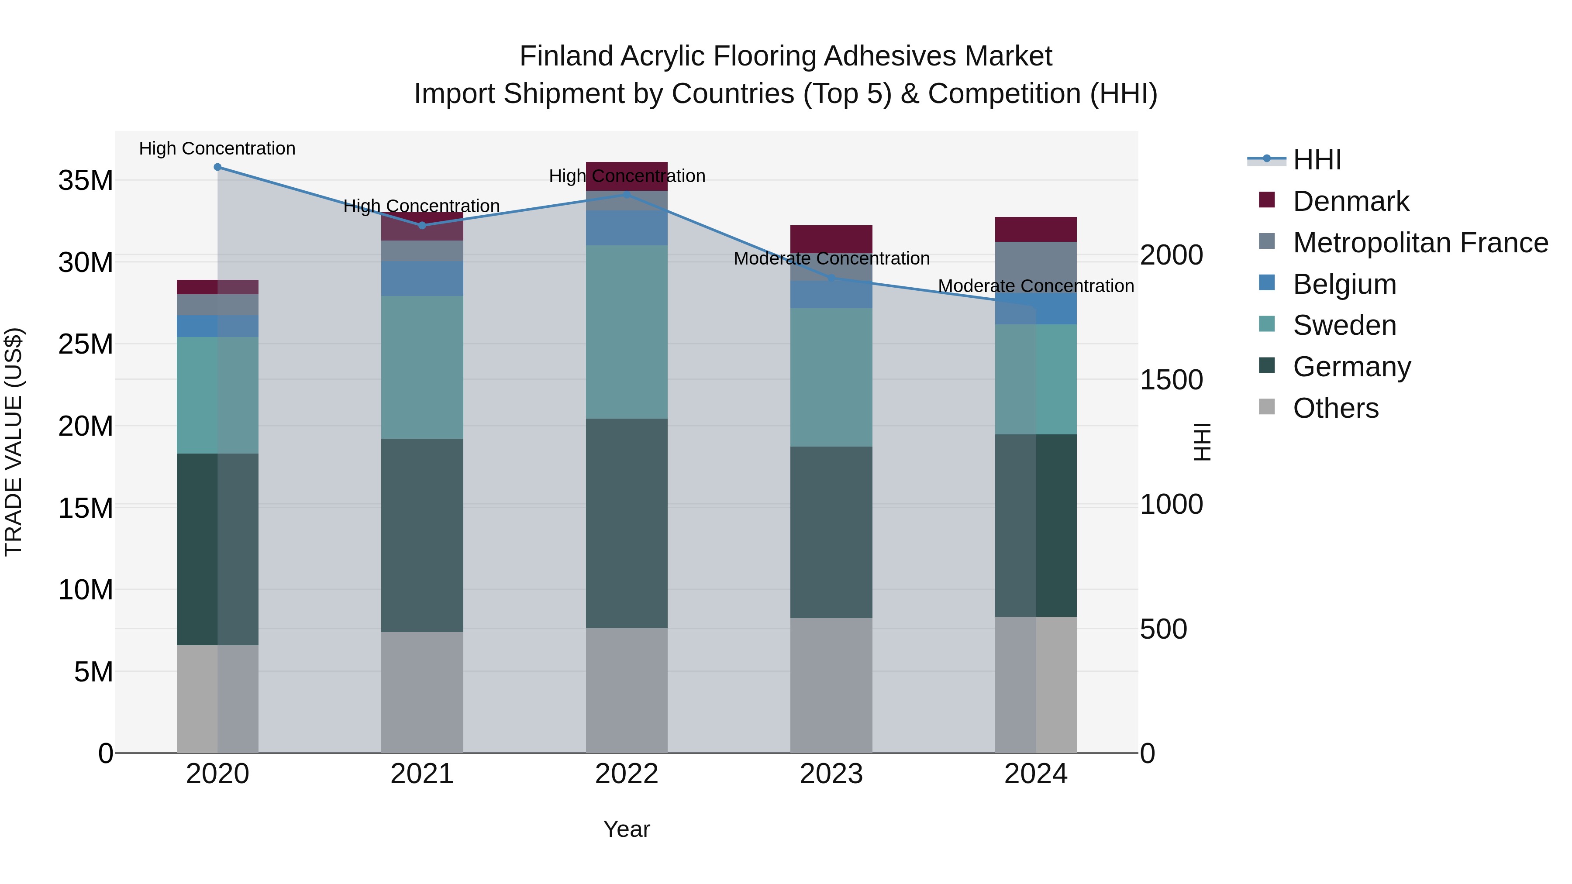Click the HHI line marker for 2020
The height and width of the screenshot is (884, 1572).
pos(217,167)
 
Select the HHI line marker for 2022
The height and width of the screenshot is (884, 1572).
pos(627,195)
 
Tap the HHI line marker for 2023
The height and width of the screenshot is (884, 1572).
pos(831,278)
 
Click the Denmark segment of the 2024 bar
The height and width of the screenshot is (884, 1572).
pos(1036,229)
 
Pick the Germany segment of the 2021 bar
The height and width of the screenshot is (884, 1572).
pos(422,535)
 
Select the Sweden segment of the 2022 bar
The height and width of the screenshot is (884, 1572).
pos(627,332)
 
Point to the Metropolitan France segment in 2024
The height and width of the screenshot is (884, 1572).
pos(1036,267)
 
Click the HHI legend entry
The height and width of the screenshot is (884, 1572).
pos(1317,160)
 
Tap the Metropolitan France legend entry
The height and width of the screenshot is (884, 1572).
pos(1420,243)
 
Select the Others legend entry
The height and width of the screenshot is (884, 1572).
pos(1335,408)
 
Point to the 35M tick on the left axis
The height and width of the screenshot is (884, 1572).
pos(86,181)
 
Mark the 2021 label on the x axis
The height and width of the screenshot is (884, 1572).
pos(422,774)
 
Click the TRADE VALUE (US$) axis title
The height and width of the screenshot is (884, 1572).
pos(14,442)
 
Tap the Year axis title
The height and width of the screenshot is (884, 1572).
pos(627,829)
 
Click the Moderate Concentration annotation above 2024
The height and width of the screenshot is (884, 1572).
pos(1036,285)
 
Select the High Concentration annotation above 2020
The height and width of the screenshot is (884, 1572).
pos(217,148)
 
